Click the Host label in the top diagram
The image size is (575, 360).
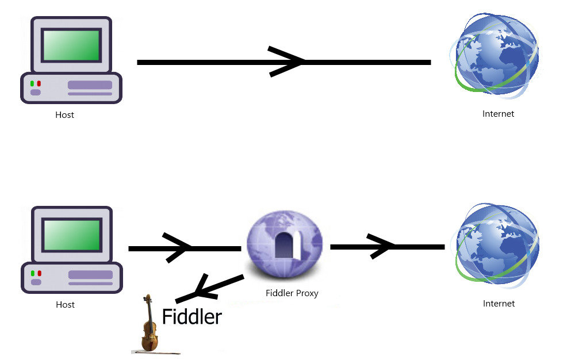pyautogui.click(x=64, y=114)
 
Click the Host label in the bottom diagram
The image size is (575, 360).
pyautogui.click(x=65, y=304)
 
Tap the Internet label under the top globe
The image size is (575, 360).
pyautogui.click(x=498, y=114)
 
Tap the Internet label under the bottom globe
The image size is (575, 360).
pyautogui.click(x=499, y=303)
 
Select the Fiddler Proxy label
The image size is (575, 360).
pyautogui.click(x=292, y=293)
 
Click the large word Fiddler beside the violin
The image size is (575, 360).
pyautogui.click(x=191, y=317)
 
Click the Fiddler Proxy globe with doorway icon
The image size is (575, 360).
pyautogui.click(x=285, y=242)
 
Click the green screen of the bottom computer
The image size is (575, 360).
pyautogui.click(x=72, y=235)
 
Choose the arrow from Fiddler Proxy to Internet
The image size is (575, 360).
pyautogui.click(x=386, y=247)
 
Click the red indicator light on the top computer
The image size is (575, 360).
pyautogui.click(x=39, y=83)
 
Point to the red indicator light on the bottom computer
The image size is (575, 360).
pyautogui.click(x=39, y=273)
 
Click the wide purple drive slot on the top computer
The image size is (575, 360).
pyautogui.click(x=90, y=85)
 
